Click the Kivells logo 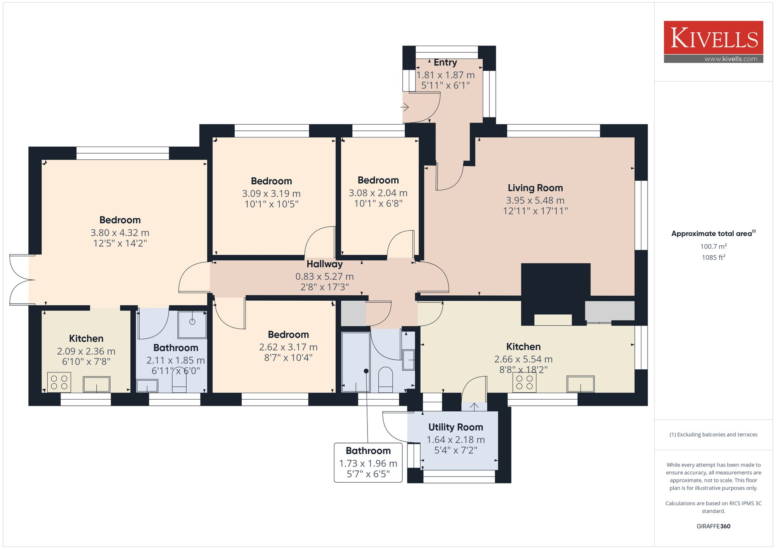tap(714, 42)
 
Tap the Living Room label tap(535, 188)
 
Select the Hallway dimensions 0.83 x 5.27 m tap(325, 277)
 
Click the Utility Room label tap(456, 427)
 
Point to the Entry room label tap(445, 62)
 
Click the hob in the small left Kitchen tap(59, 382)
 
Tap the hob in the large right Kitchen tap(525, 382)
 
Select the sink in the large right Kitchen tap(580, 384)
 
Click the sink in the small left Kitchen tap(97, 384)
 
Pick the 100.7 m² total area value tap(714, 246)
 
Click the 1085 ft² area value tap(714, 257)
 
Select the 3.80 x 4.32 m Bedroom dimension tap(120, 233)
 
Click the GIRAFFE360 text tap(714, 526)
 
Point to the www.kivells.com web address tap(731, 59)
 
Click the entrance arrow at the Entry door tap(405, 107)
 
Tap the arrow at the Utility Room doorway tap(474, 406)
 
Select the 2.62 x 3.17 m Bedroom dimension tap(288, 347)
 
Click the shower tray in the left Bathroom tap(192, 324)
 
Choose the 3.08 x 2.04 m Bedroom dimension tap(378, 193)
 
